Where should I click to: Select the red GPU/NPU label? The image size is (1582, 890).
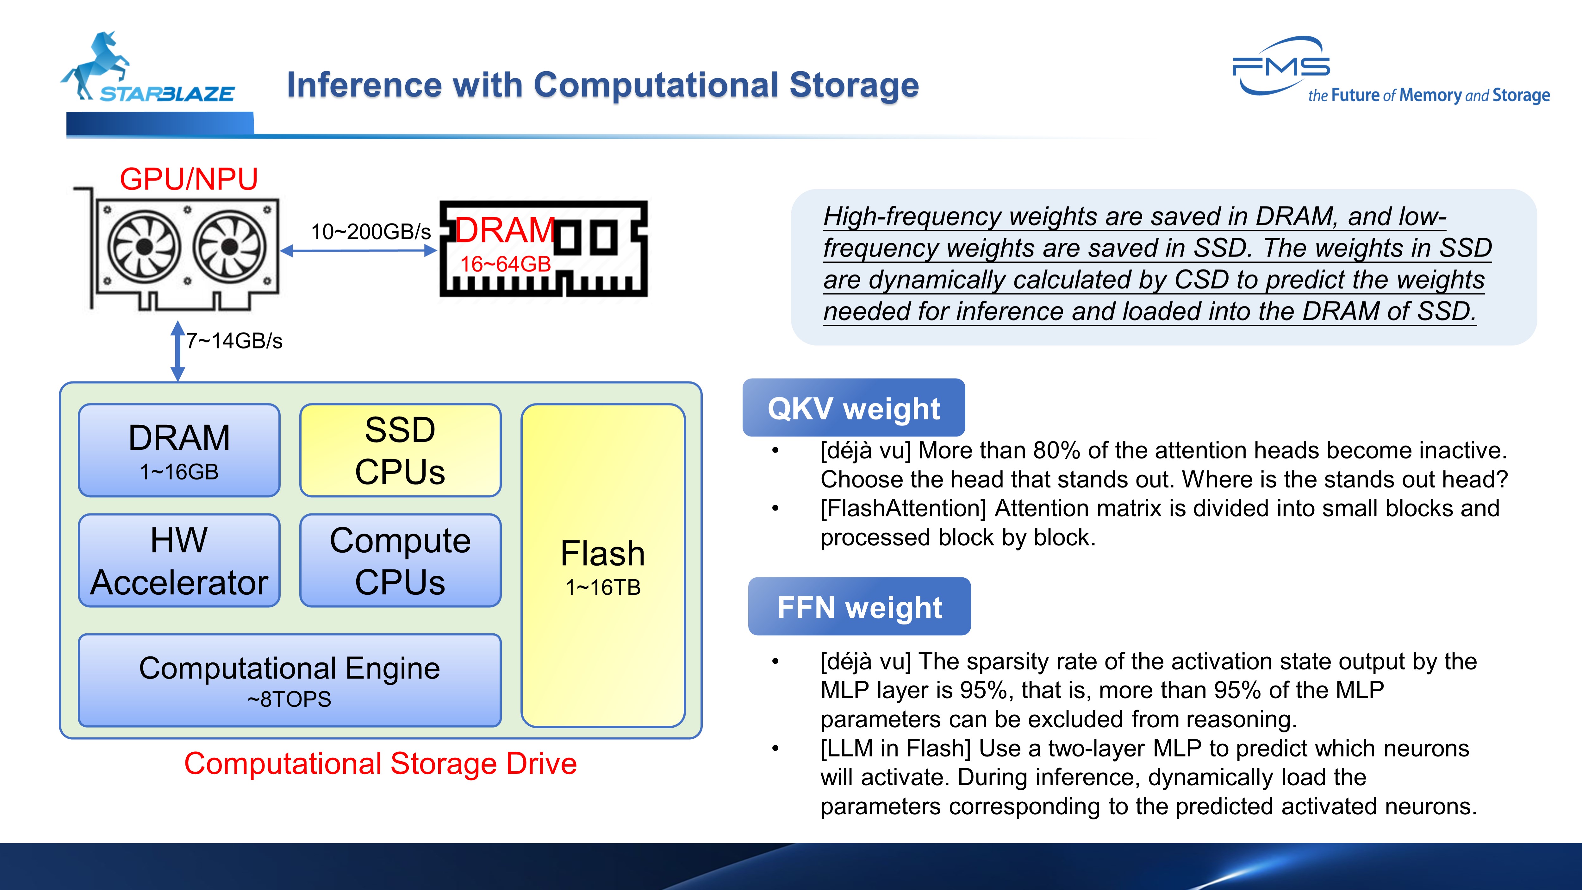coord(189,179)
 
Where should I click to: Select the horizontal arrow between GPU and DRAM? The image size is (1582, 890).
coord(359,251)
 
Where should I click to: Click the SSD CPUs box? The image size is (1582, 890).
coord(400,450)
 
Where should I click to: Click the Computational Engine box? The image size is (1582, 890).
coord(289,680)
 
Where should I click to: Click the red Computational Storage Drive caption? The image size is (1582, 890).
coord(380,763)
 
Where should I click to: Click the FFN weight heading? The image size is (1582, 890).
coord(859,607)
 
